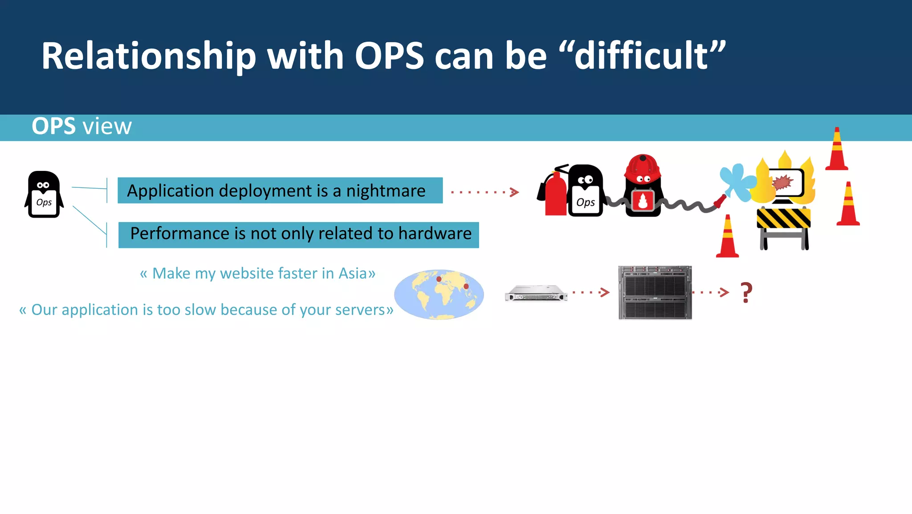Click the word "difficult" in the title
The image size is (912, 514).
point(641,56)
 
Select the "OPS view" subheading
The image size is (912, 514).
point(81,126)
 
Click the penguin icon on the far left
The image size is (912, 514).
point(44,194)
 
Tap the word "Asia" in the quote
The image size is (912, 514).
point(353,273)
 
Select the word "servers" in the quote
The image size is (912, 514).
point(360,310)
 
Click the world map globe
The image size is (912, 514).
point(439,294)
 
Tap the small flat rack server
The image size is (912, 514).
point(536,294)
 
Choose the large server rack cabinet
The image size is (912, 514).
point(655,292)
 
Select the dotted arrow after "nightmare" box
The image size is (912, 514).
point(485,192)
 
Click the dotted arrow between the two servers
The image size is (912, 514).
point(590,292)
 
